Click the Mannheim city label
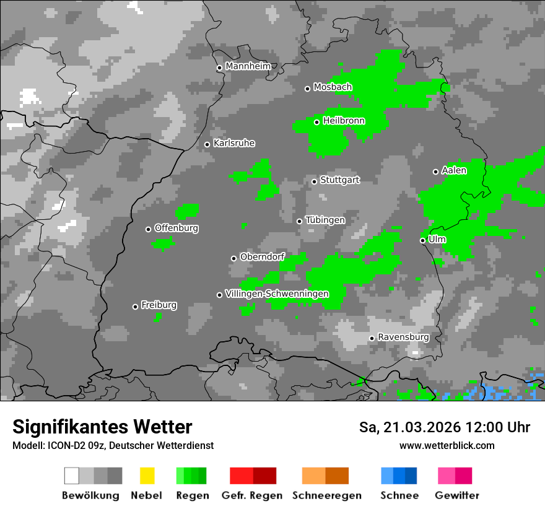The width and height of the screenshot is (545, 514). [x=248, y=66]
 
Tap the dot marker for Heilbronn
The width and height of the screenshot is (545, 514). [x=316, y=122]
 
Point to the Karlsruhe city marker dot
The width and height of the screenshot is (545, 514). [x=207, y=144]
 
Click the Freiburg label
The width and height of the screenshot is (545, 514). [x=159, y=305]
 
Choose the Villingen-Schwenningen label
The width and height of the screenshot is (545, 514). [x=277, y=294]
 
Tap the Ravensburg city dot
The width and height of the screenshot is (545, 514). [x=372, y=338]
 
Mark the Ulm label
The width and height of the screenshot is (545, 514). [x=437, y=239]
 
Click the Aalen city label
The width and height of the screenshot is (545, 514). [x=454, y=170]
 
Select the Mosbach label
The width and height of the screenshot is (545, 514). [x=333, y=87]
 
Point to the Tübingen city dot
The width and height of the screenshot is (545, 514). [x=300, y=221]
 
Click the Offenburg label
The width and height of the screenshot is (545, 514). [x=177, y=228]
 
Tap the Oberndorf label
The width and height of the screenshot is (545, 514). [x=262, y=257]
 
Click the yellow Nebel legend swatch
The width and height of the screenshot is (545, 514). [x=147, y=476]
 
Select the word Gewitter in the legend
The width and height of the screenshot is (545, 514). [x=457, y=495]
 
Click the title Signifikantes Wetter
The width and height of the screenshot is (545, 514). [x=102, y=427]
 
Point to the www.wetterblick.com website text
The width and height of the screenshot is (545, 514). [x=447, y=445]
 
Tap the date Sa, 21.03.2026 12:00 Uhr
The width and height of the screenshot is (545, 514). [x=445, y=427]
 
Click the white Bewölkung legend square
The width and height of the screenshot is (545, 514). [x=71, y=476]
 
